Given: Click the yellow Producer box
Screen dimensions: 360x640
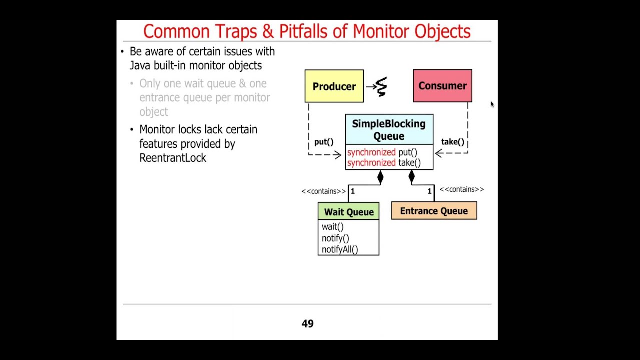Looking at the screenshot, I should click(x=334, y=86).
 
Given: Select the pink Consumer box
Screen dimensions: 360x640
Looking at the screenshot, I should click(x=442, y=86).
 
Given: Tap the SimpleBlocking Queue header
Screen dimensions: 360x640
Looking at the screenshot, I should click(x=389, y=130).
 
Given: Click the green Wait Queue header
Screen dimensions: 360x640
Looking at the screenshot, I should click(x=348, y=212).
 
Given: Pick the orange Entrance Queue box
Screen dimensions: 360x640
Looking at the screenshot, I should click(x=434, y=211).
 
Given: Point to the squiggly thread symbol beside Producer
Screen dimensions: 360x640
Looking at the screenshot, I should click(x=381, y=87).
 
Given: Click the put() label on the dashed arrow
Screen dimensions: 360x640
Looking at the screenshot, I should click(x=324, y=142).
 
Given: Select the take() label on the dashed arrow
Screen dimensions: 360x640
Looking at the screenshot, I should click(x=452, y=142).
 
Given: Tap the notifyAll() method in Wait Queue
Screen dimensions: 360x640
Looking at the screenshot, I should click(x=340, y=249).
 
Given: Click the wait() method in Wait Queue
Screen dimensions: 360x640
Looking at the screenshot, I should click(x=333, y=227).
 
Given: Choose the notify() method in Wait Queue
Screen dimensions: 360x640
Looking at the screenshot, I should click(x=335, y=238).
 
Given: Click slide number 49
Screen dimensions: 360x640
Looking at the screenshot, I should click(x=307, y=324).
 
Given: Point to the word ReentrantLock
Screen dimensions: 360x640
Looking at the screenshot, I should click(x=173, y=158).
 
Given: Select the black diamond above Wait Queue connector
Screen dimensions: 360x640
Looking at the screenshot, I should click(x=380, y=177).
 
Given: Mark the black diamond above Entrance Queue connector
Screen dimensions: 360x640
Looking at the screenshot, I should click(x=411, y=176).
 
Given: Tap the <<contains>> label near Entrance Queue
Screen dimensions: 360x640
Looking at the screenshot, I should click(x=461, y=189).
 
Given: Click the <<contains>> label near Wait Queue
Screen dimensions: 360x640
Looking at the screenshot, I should click(x=323, y=191).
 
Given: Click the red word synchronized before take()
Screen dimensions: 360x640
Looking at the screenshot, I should click(x=371, y=163).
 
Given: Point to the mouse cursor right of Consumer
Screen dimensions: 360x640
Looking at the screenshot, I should click(x=492, y=104).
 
